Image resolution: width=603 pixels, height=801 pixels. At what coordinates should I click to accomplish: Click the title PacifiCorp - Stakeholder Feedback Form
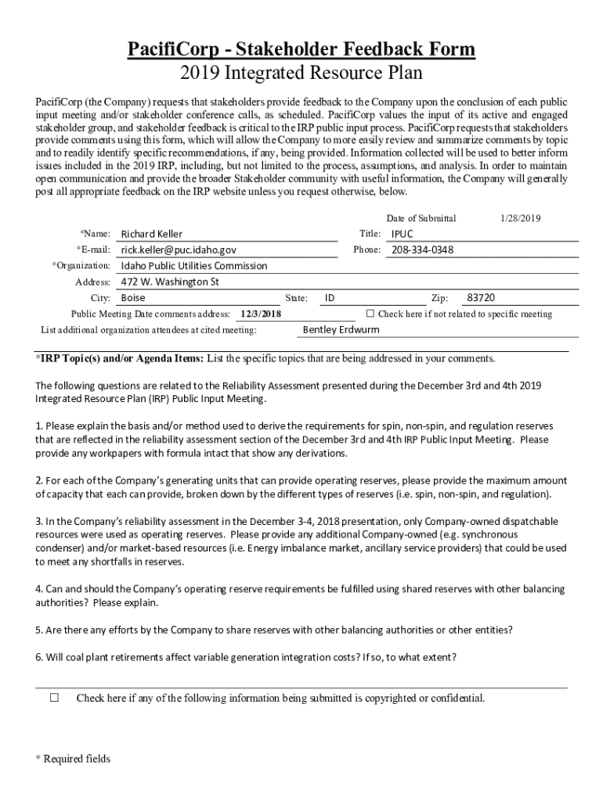click(301, 50)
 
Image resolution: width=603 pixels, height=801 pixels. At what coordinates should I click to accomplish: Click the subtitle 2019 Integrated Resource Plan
click(301, 74)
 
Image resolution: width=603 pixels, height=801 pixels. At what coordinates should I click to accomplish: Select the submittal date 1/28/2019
click(520, 218)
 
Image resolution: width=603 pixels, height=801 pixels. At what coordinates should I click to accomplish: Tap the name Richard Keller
click(152, 234)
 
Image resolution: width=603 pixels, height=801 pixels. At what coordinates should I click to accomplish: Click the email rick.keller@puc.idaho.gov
click(178, 250)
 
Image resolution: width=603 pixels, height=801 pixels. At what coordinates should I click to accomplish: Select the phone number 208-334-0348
click(422, 250)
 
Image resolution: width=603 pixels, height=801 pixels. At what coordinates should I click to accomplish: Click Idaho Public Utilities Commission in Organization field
click(193, 266)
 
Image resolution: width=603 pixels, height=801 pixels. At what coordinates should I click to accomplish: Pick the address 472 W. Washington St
click(170, 282)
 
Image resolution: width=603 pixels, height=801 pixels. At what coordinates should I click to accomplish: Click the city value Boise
click(133, 298)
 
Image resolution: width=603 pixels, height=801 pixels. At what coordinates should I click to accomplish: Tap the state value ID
click(330, 298)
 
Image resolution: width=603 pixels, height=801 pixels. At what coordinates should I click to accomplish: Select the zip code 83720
click(480, 298)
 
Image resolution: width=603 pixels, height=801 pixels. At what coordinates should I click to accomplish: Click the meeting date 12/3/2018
click(261, 314)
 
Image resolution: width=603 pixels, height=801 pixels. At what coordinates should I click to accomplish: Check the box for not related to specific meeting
click(370, 314)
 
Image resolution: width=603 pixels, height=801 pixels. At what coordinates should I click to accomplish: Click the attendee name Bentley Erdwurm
click(341, 329)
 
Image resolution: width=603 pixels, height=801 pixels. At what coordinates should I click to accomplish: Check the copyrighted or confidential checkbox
click(55, 698)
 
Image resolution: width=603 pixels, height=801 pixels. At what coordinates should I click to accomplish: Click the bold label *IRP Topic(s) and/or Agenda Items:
click(119, 358)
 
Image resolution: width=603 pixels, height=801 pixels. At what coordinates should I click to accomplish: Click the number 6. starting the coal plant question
click(39, 657)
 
